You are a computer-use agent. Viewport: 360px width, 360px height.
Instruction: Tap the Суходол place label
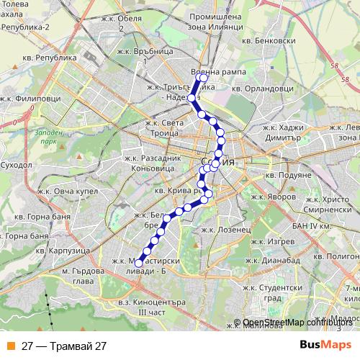[17, 164]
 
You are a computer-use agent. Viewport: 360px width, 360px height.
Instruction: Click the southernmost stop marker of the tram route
[139, 263]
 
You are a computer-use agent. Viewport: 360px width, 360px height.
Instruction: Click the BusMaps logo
[326, 345]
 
